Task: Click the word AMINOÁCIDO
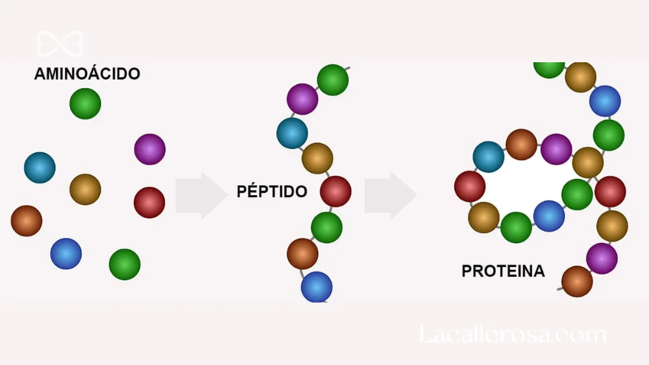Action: click(87, 73)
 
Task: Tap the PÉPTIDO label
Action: click(271, 191)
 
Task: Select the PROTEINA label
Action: click(503, 271)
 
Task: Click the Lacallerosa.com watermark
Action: click(513, 334)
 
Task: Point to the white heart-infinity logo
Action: click(60, 44)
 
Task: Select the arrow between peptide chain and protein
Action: click(390, 195)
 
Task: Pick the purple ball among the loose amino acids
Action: click(150, 149)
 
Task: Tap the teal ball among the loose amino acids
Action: click(40, 167)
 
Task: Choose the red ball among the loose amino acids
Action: click(149, 202)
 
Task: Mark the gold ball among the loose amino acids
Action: click(85, 189)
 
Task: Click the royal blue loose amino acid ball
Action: click(66, 253)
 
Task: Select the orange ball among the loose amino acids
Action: click(27, 220)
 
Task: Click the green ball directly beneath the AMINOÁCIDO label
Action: click(85, 103)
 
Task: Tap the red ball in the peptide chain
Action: click(336, 191)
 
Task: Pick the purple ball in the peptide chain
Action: click(302, 99)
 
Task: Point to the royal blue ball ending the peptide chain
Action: click(317, 287)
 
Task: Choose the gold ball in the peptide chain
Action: click(317, 158)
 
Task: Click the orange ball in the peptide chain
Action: click(302, 253)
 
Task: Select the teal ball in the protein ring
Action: click(489, 157)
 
